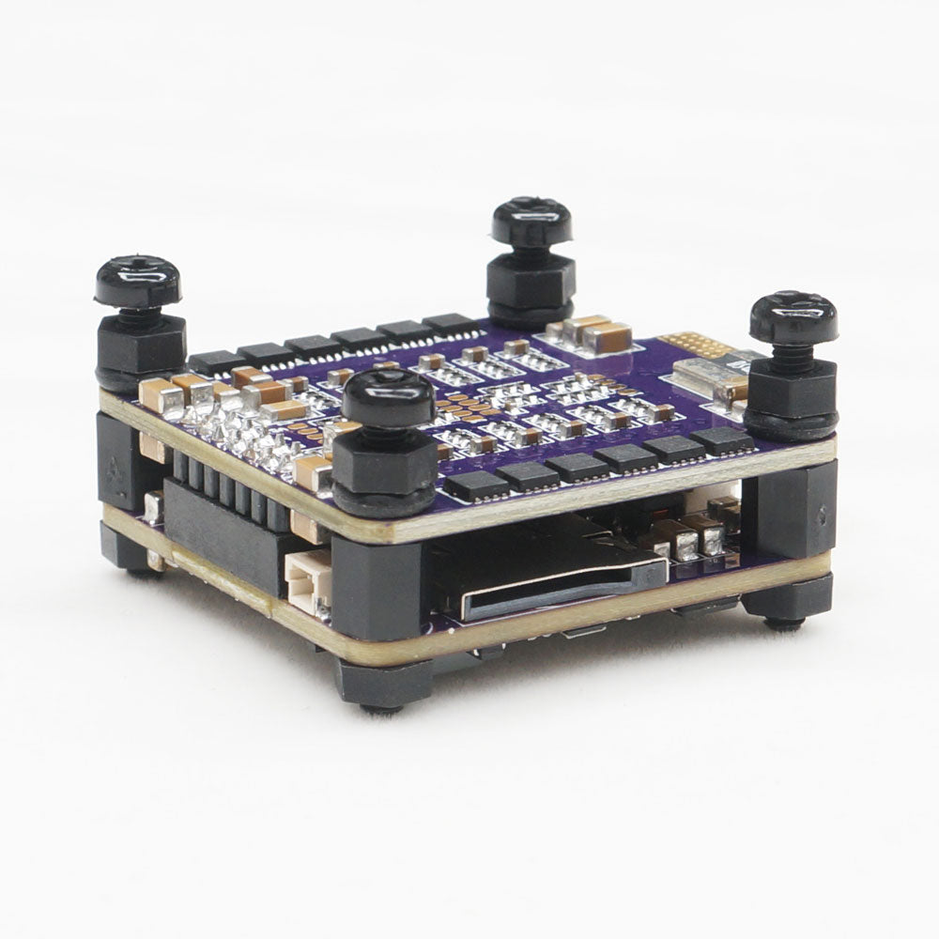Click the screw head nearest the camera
(388, 397)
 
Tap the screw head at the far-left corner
(137, 281)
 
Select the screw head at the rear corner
(531, 222)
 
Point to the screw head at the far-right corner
(793, 316)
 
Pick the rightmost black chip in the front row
(720, 439)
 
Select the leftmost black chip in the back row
(214, 361)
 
